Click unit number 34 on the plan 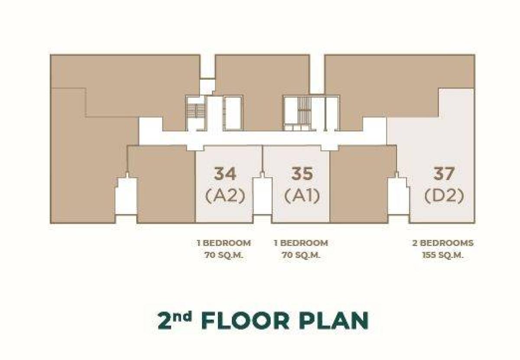coord(225,174)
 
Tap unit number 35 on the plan coord(302,174)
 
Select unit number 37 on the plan coord(444,174)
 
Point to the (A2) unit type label coord(225,196)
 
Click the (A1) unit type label coord(302,196)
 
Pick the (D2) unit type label coord(444,196)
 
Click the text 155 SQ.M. coord(443,255)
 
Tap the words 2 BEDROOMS coord(443,243)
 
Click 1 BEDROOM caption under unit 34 coord(224,243)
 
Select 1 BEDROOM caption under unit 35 coord(301,243)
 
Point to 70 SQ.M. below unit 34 coord(224,255)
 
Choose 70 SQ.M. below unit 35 coord(301,255)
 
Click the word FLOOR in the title coord(245,321)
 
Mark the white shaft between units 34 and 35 coord(262,197)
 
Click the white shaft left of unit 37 coord(398,197)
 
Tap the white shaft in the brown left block coord(126,197)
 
